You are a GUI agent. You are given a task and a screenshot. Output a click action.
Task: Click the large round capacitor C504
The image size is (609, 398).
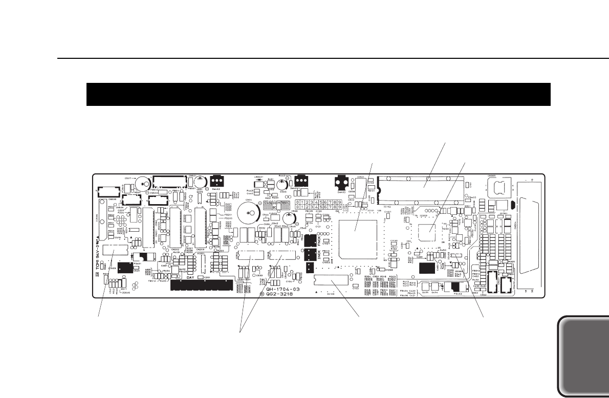pos(249,211)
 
